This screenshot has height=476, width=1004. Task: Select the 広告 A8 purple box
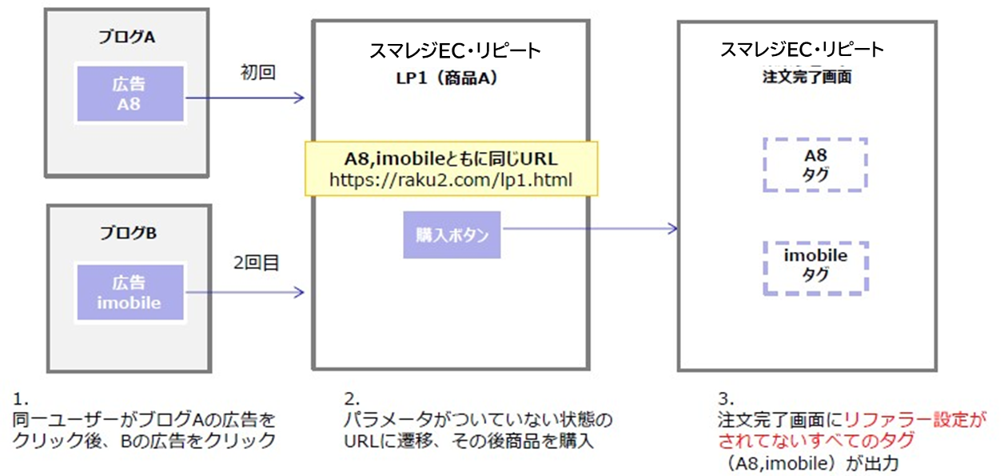(130, 94)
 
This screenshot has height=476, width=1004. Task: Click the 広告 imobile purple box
(130, 292)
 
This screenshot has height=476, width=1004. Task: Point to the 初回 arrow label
(257, 73)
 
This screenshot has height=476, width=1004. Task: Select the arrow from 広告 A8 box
(245, 98)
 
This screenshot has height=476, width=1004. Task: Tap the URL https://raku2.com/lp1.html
(451, 180)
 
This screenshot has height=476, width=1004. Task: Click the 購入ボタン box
(452, 235)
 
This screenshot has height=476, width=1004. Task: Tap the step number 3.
(723, 398)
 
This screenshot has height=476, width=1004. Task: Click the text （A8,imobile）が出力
(809, 462)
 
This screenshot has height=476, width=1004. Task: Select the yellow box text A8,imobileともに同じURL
(451, 158)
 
